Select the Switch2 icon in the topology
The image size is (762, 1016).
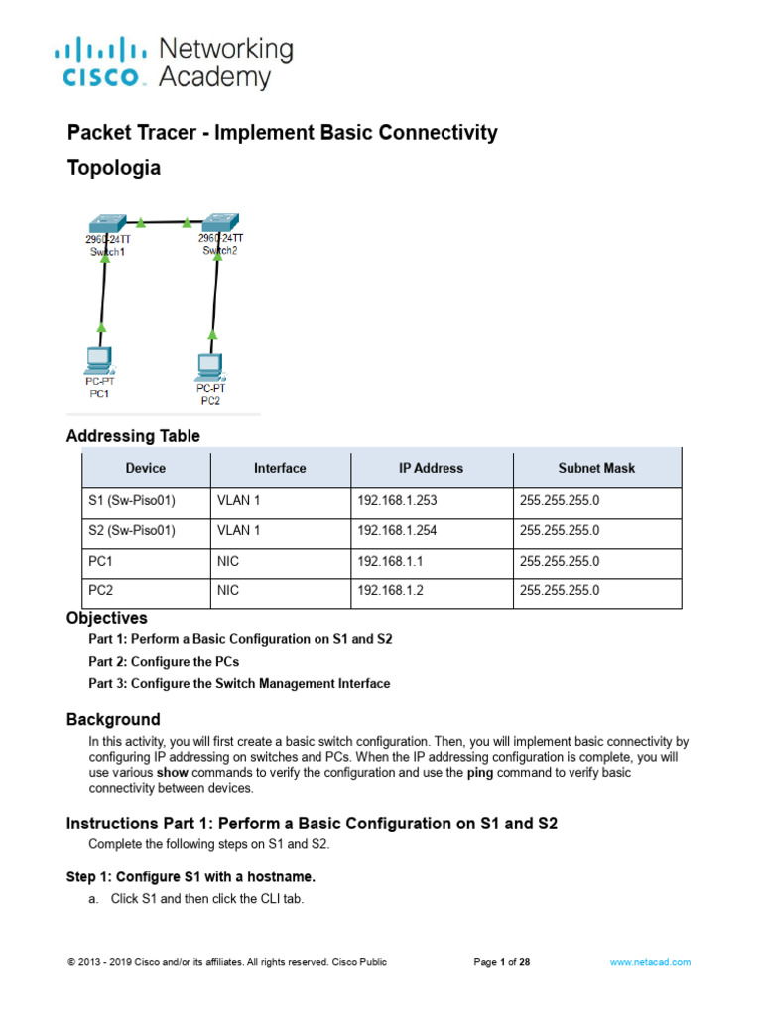pos(217,221)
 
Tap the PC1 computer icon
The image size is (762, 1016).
pos(99,358)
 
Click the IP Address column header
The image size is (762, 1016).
pos(431,468)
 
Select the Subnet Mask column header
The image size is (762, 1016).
pos(596,468)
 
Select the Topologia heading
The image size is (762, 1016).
pos(113,168)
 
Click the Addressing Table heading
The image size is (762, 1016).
pos(133,436)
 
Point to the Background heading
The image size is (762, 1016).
pos(112,719)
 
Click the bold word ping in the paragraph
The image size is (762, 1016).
pos(480,772)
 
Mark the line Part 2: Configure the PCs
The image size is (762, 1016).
pos(164,661)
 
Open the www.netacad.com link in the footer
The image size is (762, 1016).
pos(650,962)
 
